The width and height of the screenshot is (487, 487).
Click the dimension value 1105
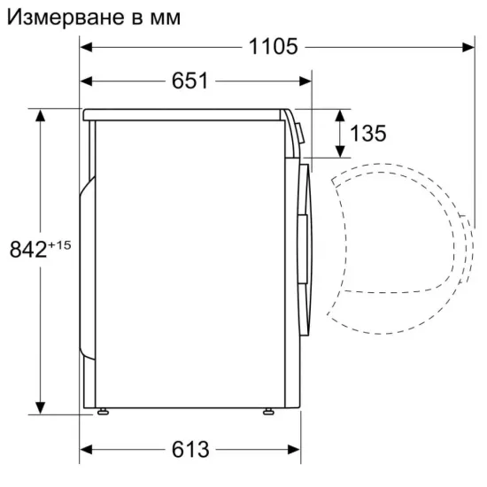tap(272, 46)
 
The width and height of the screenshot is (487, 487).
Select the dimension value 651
tap(189, 81)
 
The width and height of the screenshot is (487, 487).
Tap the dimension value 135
tap(367, 134)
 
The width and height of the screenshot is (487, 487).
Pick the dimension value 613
tap(190, 450)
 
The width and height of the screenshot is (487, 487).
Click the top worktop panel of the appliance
tap(186, 113)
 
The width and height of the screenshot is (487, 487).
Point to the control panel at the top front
tap(298, 133)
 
